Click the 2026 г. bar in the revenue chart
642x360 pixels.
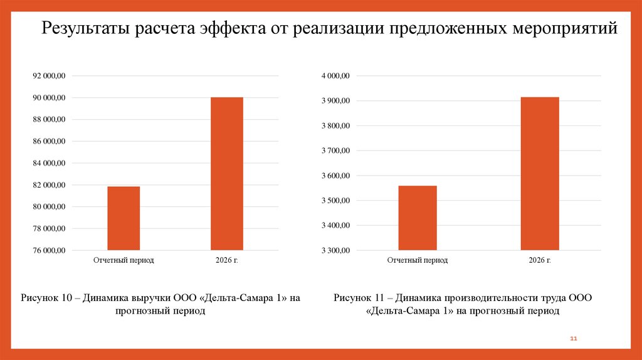click(226, 174)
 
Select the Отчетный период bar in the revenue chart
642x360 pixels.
click(124, 218)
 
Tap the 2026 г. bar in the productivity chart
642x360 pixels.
click(539, 174)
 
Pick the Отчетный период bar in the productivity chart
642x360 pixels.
click(418, 218)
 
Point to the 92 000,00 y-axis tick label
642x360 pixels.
click(49, 76)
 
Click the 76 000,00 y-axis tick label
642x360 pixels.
click(49, 250)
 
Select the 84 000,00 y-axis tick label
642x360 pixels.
click(49, 163)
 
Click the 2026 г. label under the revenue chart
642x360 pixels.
click(226, 260)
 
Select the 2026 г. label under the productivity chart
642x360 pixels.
click(539, 260)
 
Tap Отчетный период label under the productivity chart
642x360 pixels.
click(418, 260)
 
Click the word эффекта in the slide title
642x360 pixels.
click(233, 29)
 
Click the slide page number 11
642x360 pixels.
click(573, 339)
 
